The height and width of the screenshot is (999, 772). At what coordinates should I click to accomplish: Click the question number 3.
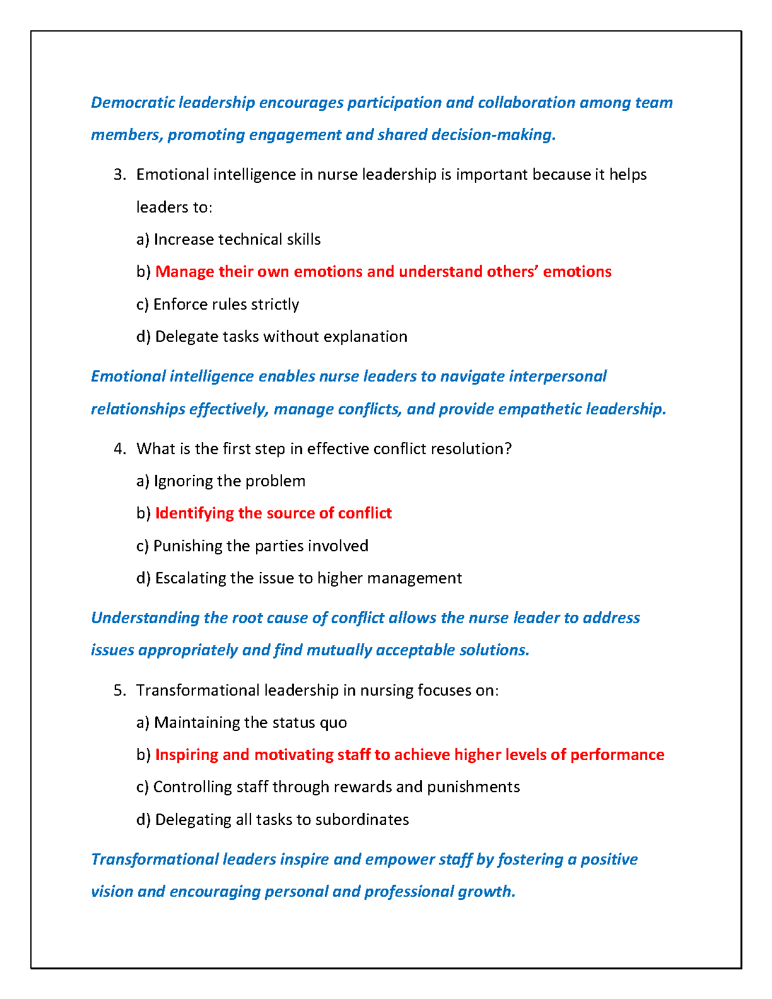(120, 175)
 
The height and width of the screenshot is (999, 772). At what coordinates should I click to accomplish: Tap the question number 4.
(120, 449)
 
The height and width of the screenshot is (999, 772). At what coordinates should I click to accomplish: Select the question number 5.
(120, 691)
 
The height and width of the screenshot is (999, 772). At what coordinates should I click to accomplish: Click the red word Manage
(184, 272)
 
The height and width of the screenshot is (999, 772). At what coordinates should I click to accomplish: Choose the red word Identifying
(194, 513)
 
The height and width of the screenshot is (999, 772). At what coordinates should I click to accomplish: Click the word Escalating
(190, 578)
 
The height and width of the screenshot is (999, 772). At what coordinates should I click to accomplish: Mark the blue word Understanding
(145, 618)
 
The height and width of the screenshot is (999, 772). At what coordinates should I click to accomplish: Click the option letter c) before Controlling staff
(143, 787)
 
